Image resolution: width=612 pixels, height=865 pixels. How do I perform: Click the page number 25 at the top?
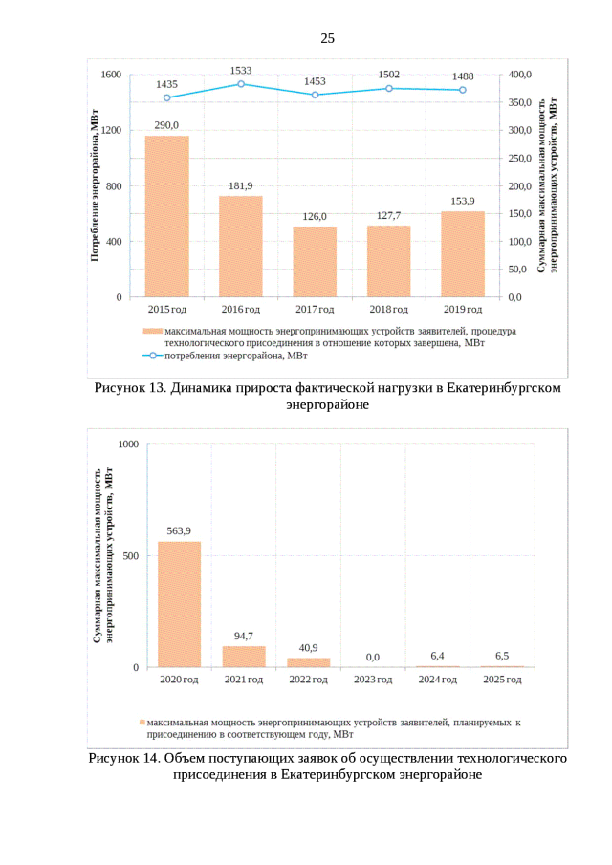(x=327, y=38)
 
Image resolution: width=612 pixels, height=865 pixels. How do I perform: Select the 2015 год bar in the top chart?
(x=166, y=216)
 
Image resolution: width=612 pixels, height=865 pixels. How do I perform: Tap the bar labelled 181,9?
(x=241, y=247)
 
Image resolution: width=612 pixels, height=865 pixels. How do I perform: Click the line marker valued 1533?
(x=241, y=84)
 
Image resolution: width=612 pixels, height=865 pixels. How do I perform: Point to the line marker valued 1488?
(x=463, y=90)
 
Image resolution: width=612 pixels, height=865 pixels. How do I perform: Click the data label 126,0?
(x=315, y=216)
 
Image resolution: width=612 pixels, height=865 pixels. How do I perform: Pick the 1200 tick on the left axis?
(x=111, y=130)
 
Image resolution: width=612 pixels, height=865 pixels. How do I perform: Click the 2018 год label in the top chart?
(x=389, y=310)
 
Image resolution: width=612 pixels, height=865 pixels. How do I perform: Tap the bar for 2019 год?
(x=463, y=254)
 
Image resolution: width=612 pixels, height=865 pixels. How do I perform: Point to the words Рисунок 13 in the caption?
(x=130, y=389)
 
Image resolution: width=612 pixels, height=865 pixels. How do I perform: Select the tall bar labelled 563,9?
(x=179, y=604)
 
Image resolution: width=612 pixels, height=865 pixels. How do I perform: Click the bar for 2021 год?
(x=244, y=657)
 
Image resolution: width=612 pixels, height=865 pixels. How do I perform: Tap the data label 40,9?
(x=309, y=647)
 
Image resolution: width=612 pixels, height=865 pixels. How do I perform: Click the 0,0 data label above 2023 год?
(x=373, y=657)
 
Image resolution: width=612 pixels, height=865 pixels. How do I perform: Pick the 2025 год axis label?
(x=502, y=680)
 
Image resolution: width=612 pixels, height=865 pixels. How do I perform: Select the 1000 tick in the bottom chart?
(x=128, y=444)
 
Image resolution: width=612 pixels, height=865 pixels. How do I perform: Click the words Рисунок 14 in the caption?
(x=125, y=758)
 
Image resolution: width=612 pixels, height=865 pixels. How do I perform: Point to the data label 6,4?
(x=438, y=655)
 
